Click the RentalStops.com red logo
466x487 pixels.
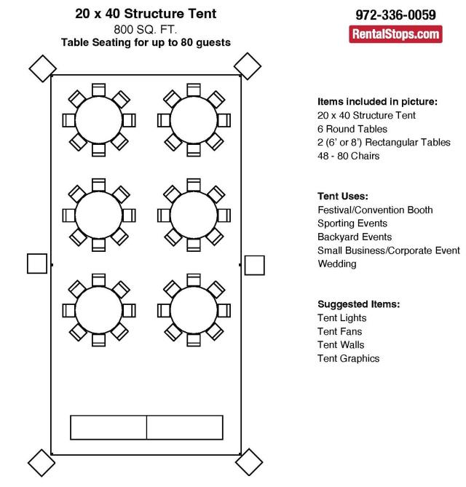(395, 34)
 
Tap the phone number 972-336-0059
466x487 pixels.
(395, 15)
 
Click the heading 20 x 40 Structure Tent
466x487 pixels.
(146, 14)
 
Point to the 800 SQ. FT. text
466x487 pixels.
(145, 30)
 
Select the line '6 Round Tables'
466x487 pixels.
(352, 129)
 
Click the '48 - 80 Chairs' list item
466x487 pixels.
(349, 156)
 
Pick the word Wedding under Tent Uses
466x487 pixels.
(337, 264)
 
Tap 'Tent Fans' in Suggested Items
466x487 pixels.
(340, 331)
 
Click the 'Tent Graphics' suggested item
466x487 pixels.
(349, 358)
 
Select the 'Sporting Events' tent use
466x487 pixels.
(352, 223)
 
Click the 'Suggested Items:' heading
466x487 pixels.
(359, 304)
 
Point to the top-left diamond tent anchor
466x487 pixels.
(42, 68)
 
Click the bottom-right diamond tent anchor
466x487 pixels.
(249, 462)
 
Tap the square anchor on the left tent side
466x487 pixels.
(37, 264)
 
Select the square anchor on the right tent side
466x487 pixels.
(254, 265)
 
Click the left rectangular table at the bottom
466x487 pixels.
(108, 427)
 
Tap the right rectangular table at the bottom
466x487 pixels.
(185, 427)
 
